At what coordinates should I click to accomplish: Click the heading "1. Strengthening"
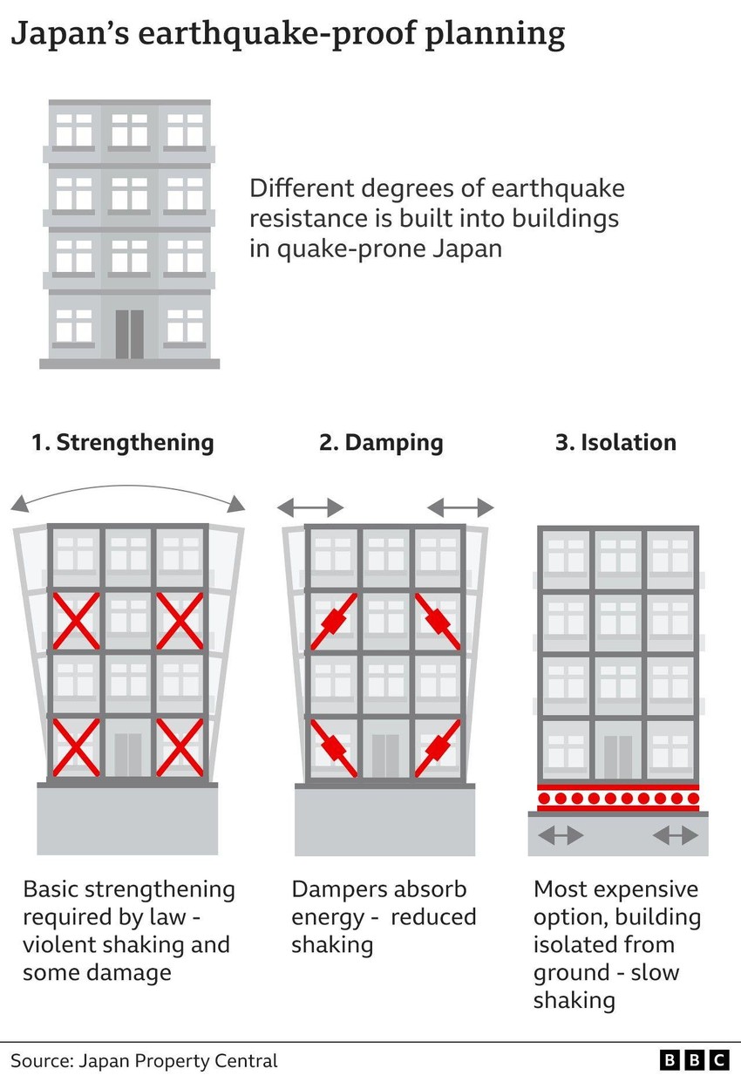click(122, 442)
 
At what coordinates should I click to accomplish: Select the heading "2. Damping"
click(381, 442)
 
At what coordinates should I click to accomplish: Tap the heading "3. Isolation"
click(615, 442)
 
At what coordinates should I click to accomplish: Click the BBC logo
click(694, 1060)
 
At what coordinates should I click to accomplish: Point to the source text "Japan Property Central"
click(178, 1061)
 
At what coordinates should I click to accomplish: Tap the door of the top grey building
click(129, 334)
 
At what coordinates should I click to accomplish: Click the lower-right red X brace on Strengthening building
click(180, 746)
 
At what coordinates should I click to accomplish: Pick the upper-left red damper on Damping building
click(334, 621)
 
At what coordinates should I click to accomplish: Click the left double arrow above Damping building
click(310, 507)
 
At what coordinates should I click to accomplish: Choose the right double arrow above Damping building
click(460, 507)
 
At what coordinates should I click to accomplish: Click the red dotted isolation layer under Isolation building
click(617, 798)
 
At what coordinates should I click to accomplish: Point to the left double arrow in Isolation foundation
click(561, 835)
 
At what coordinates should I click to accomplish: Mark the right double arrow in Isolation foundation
click(676, 835)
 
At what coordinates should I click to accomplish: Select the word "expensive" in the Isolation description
click(644, 889)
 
